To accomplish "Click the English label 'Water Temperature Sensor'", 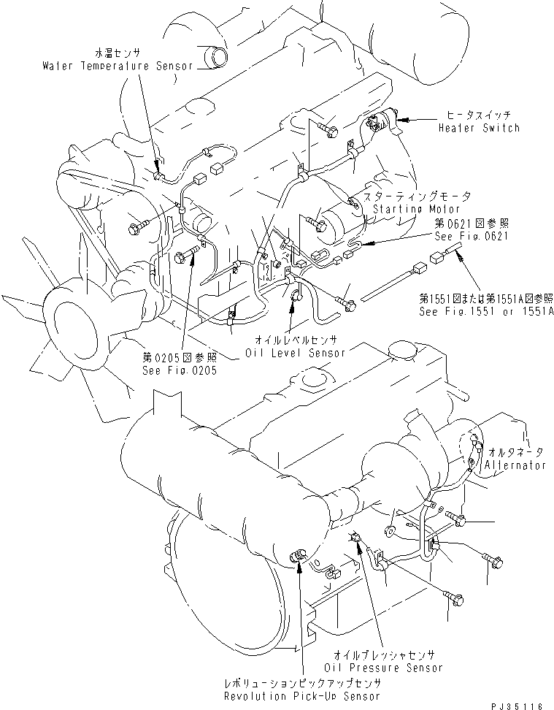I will click(117, 66).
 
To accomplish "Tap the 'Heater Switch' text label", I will click(479, 128).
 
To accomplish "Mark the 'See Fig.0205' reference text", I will click(180, 370).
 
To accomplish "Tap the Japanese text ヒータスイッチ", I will click(478, 115).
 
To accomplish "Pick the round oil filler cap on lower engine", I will click(315, 378).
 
